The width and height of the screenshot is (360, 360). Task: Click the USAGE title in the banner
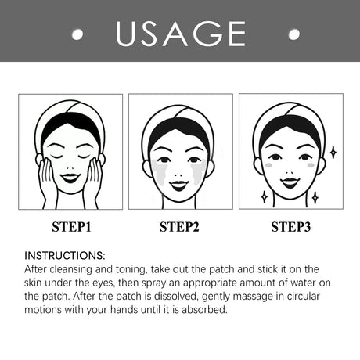(180, 33)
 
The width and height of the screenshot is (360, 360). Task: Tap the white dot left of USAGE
(77, 34)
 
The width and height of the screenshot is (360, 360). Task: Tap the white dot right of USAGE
(294, 34)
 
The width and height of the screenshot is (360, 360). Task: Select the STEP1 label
(71, 228)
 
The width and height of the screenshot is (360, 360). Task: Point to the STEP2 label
(181, 228)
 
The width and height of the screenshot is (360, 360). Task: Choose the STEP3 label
(291, 228)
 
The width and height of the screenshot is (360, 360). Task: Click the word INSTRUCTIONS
(64, 256)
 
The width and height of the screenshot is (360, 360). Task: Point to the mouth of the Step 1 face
(71, 175)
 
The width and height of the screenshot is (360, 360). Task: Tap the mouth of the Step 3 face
(291, 182)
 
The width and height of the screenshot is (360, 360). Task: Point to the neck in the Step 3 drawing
(291, 200)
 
